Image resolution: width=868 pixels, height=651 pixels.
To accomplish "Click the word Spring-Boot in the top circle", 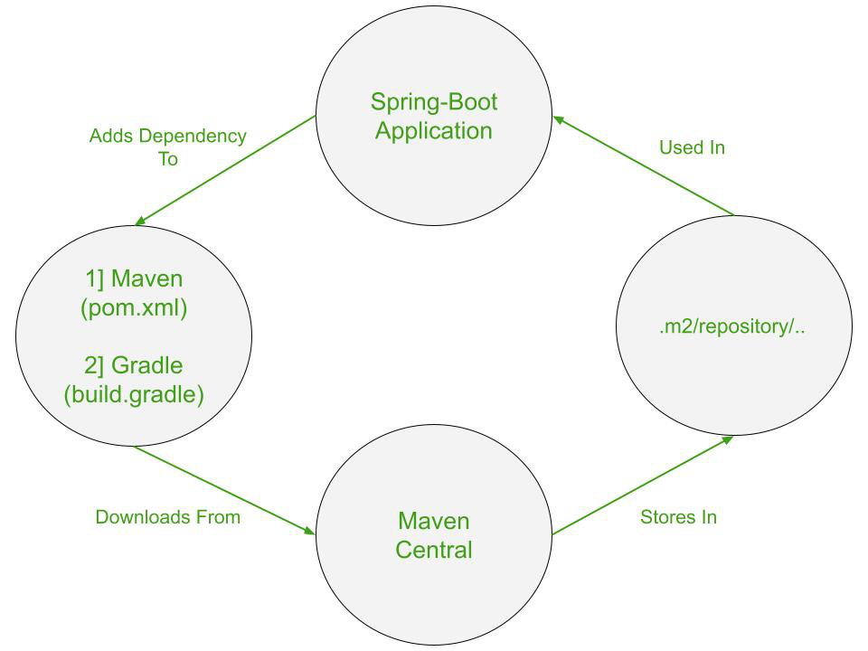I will pyautogui.click(x=434, y=101).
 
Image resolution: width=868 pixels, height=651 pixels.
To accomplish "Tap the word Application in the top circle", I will pyautogui.click(x=434, y=130).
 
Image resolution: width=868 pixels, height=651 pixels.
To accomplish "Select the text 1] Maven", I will pyautogui.click(x=134, y=278).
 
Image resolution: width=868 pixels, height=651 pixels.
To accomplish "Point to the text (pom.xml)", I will pyautogui.click(x=134, y=307).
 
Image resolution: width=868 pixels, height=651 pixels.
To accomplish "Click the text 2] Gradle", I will pyautogui.click(x=134, y=365).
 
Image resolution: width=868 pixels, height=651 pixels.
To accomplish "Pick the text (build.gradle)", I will pyautogui.click(x=134, y=394).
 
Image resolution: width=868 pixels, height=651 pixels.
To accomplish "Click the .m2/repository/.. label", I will pyautogui.click(x=732, y=326).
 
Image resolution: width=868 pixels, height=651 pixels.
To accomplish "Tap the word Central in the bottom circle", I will pyautogui.click(x=434, y=549).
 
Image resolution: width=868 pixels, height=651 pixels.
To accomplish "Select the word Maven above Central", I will pyautogui.click(x=434, y=521).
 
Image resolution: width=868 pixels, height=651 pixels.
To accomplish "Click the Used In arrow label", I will pyautogui.click(x=692, y=147).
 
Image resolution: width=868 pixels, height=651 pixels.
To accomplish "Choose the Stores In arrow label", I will pyautogui.click(x=678, y=517).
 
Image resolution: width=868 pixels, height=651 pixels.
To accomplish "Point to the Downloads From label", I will pyautogui.click(x=168, y=517).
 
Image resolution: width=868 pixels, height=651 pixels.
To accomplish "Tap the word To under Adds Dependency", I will pyautogui.click(x=168, y=159).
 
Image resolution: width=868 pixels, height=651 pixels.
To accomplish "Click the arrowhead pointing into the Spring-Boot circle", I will pyautogui.click(x=558, y=118).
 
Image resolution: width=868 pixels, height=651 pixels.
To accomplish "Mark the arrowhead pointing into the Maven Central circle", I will pyautogui.click(x=309, y=531).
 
